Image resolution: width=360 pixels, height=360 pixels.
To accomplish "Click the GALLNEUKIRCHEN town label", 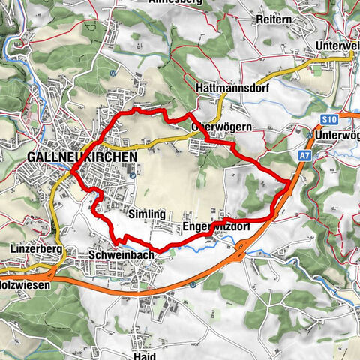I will (82, 157).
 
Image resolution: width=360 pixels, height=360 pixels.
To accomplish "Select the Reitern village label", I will (272, 18).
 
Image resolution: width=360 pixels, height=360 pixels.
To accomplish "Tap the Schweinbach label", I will (121, 254).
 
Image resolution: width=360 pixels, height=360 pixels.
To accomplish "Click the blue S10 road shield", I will (327, 119).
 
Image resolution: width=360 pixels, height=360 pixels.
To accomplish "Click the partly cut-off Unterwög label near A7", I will (337, 135).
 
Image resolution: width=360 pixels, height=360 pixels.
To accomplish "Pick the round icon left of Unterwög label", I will (309, 135).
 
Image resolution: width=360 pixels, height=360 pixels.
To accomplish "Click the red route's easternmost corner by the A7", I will (289, 181).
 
